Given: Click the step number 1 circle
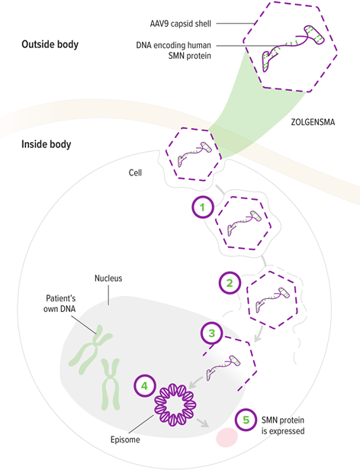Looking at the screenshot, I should pyautogui.click(x=202, y=207).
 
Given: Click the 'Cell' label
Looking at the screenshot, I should pyautogui.click(x=137, y=173).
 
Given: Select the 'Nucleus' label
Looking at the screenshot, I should pyautogui.click(x=109, y=279).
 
